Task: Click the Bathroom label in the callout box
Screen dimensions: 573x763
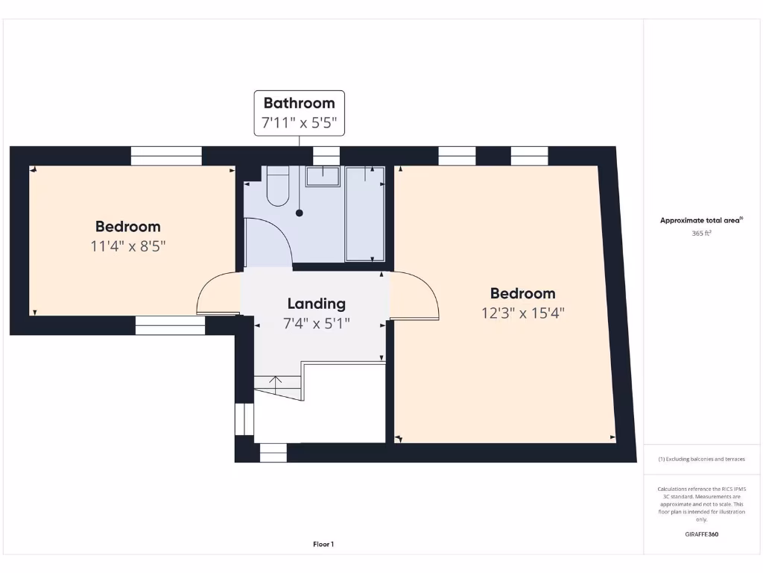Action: tap(300, 103)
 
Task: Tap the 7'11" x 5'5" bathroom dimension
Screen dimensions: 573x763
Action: tap(300, 122)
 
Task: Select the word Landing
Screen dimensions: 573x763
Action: tap(317, 304)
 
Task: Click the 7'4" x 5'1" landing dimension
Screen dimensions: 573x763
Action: tap(317, 324)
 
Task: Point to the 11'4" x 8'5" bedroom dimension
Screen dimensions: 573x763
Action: tap(127, 246)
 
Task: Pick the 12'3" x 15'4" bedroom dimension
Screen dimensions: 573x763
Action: tap(523, 313)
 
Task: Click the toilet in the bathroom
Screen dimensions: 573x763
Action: tap(277, 187)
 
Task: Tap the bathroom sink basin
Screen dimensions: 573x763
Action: tap(323, 177)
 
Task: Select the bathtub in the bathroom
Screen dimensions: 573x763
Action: tap(365, 214)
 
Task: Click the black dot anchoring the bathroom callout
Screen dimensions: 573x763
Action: tap(300, 213)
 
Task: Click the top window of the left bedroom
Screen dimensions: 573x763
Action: tap(166, 156)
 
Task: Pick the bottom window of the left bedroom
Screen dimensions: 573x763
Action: tap(170, 325)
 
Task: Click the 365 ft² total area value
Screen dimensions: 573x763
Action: tap(701, 234)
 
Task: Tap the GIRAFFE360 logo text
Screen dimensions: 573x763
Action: tap(701, 534)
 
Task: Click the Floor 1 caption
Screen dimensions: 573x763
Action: tap(323, 545)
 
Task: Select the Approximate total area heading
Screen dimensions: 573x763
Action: tap(700, 220)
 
